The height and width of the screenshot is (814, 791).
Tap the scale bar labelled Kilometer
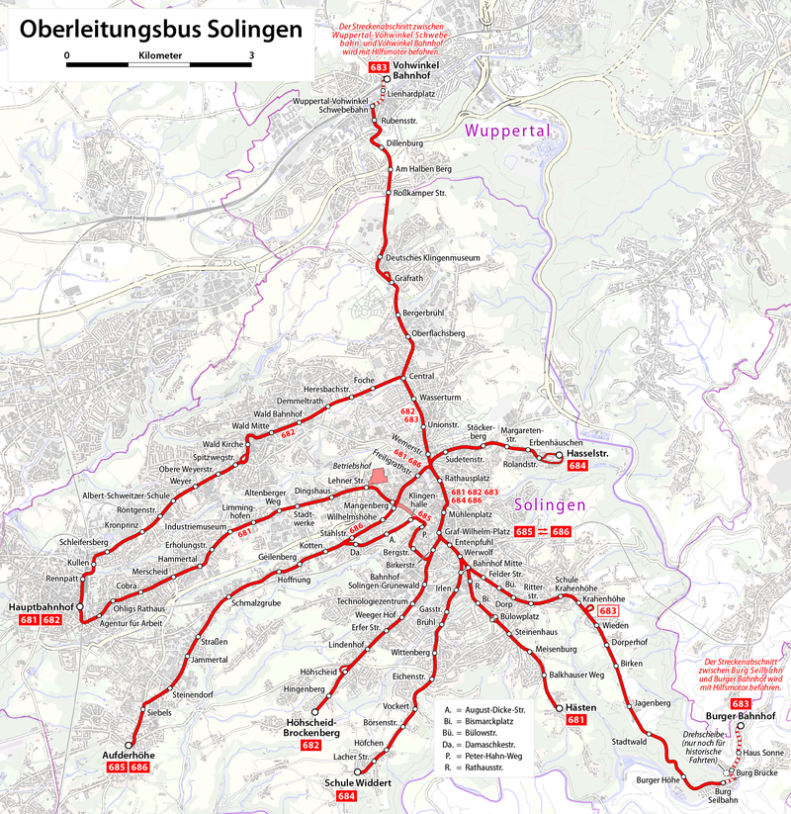tap(160, 64)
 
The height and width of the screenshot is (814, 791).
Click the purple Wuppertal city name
tap(506, 131)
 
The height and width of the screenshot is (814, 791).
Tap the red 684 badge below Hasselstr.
tap(578, 466)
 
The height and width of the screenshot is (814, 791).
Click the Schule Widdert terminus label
tap(358, 782)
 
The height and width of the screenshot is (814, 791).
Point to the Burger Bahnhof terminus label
tap(741, 715)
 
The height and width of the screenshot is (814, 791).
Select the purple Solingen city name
tap(551, 504)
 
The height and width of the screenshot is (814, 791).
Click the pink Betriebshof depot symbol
tap(380, 478)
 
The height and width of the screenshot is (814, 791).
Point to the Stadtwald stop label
tap(629, 741)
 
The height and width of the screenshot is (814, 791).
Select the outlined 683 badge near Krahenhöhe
tap(609, 612)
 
